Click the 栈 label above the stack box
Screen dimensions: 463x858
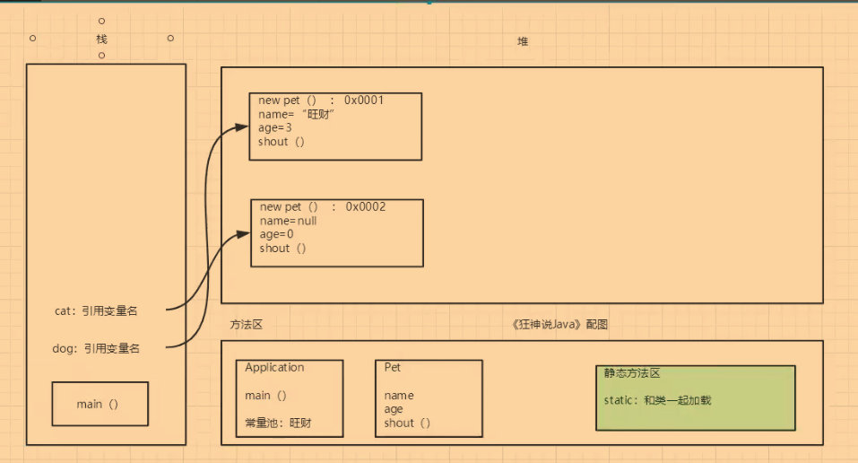pos(101,39)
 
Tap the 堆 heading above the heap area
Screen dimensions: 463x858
pos(523,42)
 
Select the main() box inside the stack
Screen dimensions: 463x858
pos(100,404)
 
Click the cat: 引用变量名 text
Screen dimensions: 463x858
pos(96,310)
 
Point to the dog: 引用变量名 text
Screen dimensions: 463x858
pos(96,348)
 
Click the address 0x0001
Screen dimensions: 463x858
pos(364,100)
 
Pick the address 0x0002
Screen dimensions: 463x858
pos(366,206)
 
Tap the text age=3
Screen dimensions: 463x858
pos(275,127)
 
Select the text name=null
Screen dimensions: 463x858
pos(288,221)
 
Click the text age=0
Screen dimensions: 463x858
pos(276,234)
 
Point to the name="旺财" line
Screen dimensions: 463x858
pos(296,114)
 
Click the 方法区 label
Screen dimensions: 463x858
pos(245,325)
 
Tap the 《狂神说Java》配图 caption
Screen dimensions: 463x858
pos(555,325)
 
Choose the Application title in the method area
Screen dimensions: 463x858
pos(274,367)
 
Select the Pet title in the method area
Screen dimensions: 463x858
pos(393,367)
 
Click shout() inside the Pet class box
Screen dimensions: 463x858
pos(407,423)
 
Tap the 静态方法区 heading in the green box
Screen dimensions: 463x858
pos(632,373)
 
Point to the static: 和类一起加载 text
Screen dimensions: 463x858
pos(657,400)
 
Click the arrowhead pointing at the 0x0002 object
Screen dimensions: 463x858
pos(245,232)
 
